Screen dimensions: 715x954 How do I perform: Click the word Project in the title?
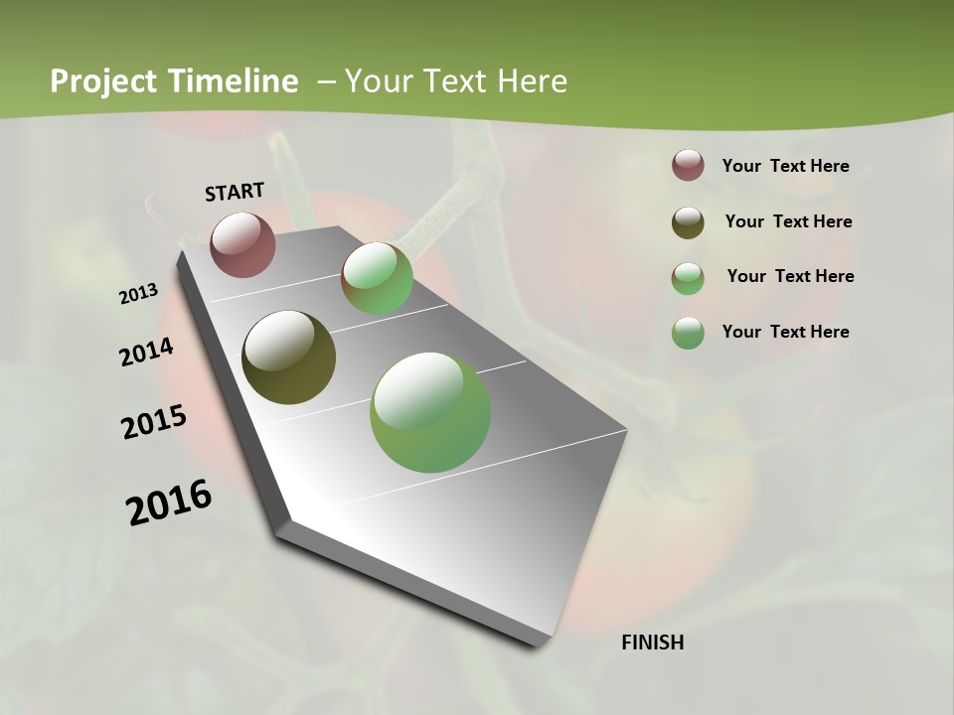click(x=102, y=81)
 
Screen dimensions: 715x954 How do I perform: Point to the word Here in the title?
click(x=532, y=81)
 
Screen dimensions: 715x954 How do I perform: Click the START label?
click(x=235, y=192)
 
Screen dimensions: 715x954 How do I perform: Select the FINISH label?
click(x=652, y=643)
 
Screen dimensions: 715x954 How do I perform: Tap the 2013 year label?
click(x=139, y=294)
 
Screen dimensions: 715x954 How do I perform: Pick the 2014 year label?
click(x=147, y=353)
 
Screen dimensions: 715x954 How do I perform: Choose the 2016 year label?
click(x=169, y=502)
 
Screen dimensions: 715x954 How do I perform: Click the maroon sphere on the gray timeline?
click(x=242, y=244)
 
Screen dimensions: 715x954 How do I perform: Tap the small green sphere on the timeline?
click(x=378, y=278)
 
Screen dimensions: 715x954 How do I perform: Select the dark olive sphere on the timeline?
click(x=288, y=357)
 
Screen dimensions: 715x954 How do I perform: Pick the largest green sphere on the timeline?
click(x=430, y=412)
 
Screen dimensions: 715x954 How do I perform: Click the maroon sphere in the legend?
click(x=688, y=165)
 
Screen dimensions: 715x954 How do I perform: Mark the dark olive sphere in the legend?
click(x=688, y=221)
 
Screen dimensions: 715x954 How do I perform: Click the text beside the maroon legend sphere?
click(x=785, y=166)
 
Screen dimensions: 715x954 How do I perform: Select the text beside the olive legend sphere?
click(x=788, y=221)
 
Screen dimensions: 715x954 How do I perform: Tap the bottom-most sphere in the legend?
click(x=688, y=333)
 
